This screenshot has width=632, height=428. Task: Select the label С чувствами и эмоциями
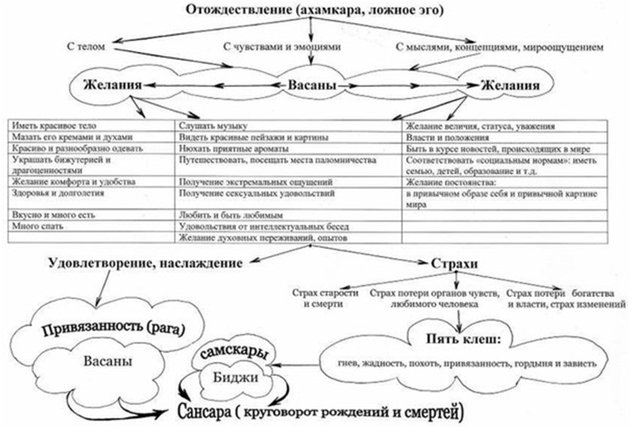281,47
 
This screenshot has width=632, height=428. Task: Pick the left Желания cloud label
112,86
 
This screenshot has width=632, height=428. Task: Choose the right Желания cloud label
510,86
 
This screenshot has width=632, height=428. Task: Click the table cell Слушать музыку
212,126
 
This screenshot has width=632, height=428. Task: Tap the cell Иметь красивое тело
55,126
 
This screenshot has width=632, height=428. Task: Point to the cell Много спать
38,226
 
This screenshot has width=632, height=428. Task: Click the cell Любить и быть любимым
220,215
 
